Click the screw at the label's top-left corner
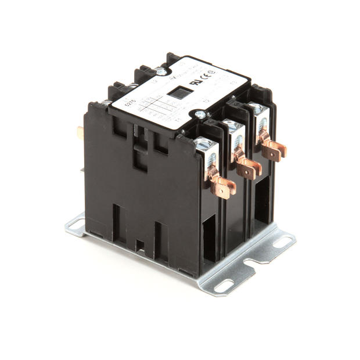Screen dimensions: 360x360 (159, 72)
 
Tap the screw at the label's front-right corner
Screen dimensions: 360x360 (200, 116)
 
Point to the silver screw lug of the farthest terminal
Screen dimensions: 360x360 (257, 111)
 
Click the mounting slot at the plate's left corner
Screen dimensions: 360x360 (75, 224)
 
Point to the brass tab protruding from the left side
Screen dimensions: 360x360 (80, 133)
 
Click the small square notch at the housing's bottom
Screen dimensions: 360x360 (140, 245)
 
